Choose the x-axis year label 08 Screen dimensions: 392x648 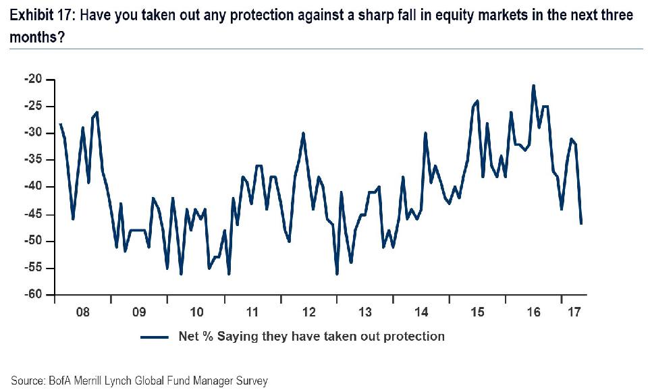[83, 312]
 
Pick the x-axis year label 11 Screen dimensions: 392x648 [252, 312]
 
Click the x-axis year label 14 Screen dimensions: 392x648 [422, 312]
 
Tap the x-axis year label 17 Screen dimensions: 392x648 [574, 312]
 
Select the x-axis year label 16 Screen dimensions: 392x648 [534, 312]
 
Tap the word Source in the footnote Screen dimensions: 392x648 [26, 381]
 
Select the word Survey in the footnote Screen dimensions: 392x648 [251, 381]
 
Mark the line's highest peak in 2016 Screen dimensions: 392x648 [533, 86]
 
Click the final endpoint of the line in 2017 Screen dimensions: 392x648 [581, 223]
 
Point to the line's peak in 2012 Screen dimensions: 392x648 [304, 133]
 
